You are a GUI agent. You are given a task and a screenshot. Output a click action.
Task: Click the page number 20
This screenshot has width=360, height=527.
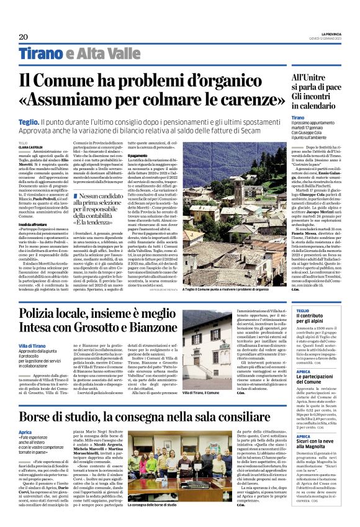[24, 37]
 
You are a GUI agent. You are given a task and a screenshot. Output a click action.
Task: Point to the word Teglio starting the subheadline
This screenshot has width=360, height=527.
[29, 124]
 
